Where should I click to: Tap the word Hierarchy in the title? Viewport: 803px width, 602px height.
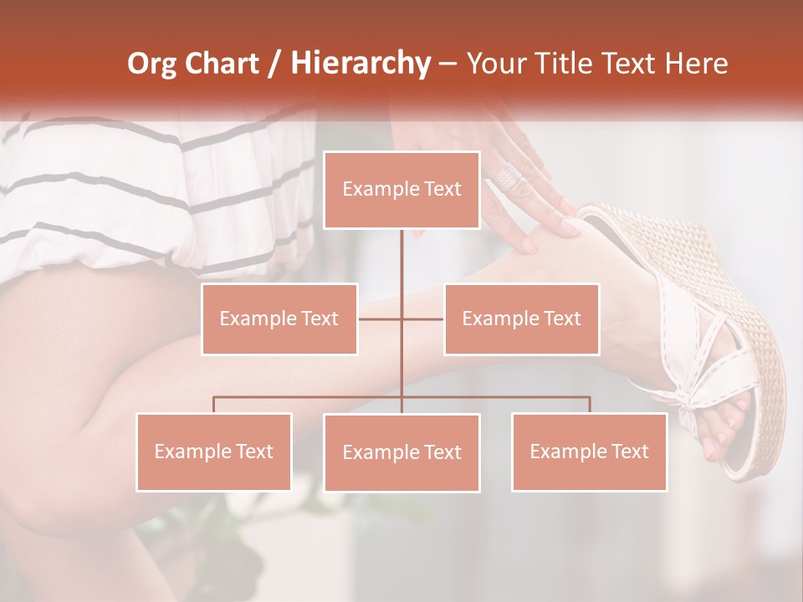tap(360, 64)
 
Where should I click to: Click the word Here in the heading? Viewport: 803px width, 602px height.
tap(696, 64)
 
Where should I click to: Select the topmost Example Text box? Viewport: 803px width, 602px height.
tap(401, 190)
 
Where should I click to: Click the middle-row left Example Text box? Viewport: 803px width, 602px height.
tap(279, 319)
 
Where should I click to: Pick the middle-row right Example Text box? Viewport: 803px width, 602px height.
tap(521, 319)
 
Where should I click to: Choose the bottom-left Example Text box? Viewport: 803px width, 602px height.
tap(214, 451)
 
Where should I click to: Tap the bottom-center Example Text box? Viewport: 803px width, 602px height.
tap(401, 452)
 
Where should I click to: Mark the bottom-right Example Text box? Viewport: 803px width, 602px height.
tap(589, 451)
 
